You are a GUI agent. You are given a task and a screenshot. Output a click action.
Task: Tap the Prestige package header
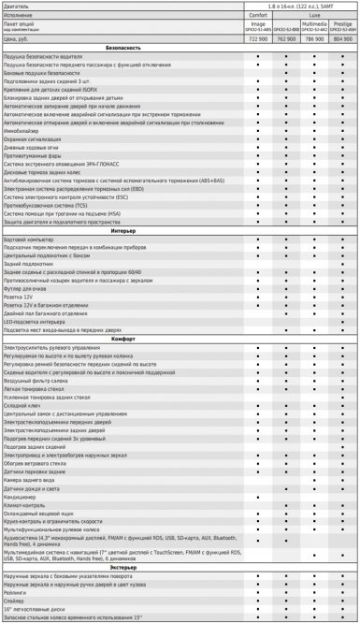(341, 22)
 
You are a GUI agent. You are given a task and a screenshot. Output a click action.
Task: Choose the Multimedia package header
(313, 22)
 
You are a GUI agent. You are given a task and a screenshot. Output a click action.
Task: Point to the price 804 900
(341, 40)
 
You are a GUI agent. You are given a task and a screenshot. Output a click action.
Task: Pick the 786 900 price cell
(313, 40)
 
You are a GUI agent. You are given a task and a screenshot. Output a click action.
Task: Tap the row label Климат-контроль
(26, 505)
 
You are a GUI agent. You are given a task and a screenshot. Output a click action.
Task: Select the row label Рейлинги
(17, 592)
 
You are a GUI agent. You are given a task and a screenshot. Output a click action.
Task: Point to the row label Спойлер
(16, 601)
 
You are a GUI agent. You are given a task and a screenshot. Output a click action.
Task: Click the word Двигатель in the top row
(18, 6)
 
